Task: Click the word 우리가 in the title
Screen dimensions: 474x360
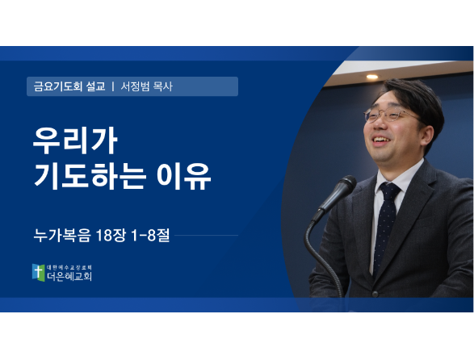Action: [x=75, y=141]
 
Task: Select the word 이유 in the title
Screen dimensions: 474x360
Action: [x=184, y=176]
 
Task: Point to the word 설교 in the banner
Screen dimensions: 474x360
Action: [x=96, y=86]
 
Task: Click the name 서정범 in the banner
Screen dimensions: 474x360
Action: [x=135, y=86]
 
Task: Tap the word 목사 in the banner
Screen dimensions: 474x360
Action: [x=163, y=86]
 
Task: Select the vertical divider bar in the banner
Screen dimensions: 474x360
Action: [x=113, y=86]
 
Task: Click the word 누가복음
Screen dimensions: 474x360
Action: [x=62, y=235]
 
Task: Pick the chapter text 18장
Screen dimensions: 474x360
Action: [x=111, y=235]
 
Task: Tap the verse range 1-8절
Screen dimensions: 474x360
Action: [x=150, y=235]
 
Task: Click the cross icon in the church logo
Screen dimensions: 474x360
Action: [x=38, y=272]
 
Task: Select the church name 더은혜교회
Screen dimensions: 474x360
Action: [x=69, y=276]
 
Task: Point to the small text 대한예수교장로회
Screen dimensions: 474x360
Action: [x=69, y=267]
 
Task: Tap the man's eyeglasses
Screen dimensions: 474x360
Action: [x=390, y=115]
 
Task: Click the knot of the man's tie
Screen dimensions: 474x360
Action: [x=390, y=191]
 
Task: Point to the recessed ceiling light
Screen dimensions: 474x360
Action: [x=372, y=77]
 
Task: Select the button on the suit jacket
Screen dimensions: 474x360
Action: [x=375, y=294]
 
